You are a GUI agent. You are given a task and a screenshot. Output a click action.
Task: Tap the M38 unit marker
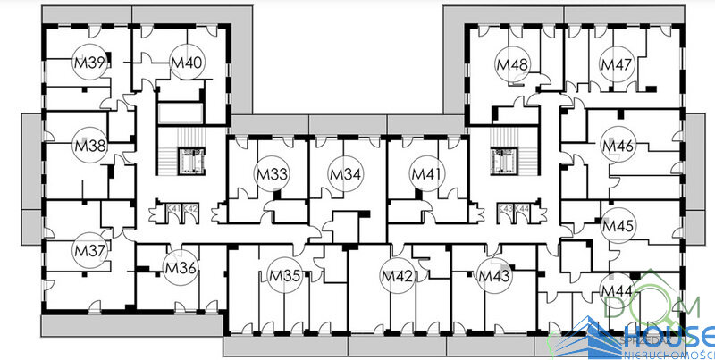89,145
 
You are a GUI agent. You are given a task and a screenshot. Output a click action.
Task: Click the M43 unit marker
492,275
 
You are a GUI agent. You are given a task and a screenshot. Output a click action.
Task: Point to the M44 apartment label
616,291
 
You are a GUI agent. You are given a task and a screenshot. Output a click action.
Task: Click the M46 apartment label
618,146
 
